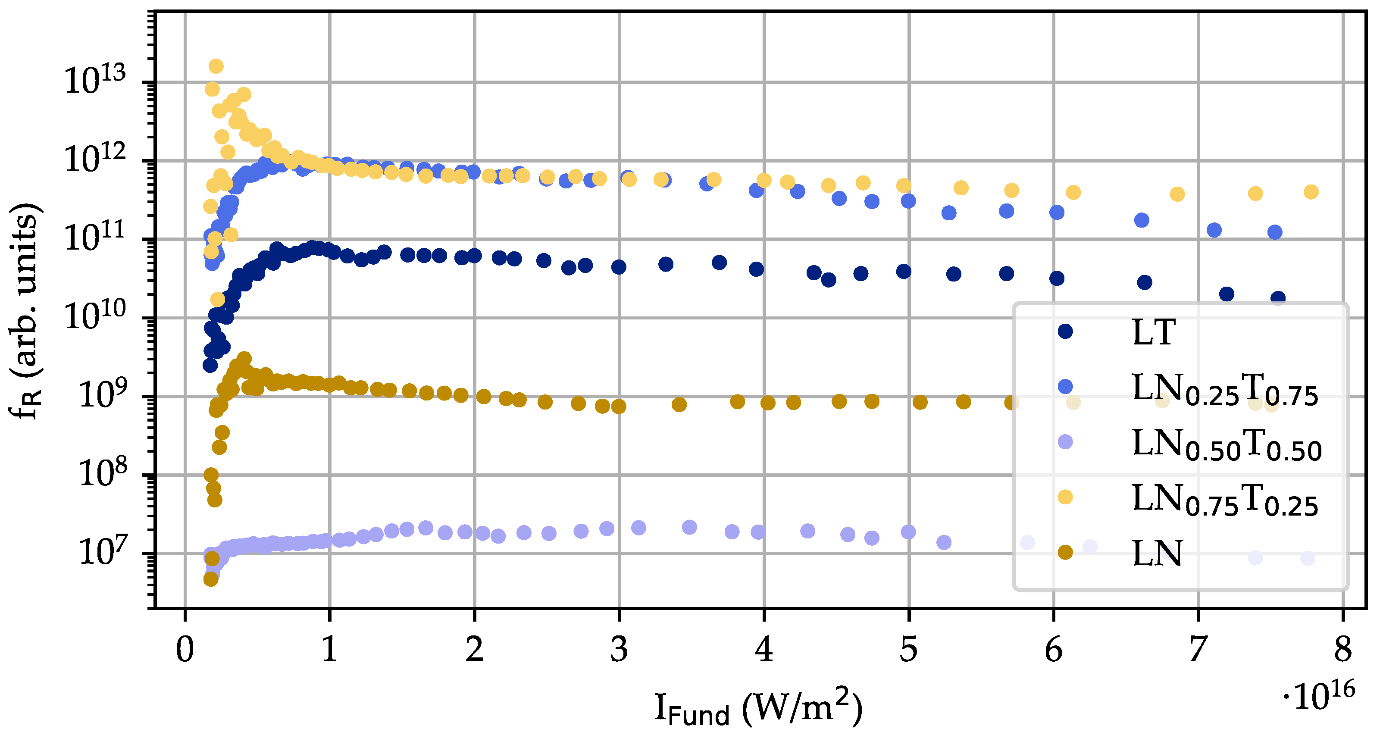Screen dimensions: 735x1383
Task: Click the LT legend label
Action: (x=1154, y=332)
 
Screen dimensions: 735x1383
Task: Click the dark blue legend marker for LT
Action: (x=1065, y=331)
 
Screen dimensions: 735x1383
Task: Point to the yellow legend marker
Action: (x=1065, y=497)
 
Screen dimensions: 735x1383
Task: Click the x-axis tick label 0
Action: (x=185, y=650)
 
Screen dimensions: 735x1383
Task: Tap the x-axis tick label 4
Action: (x=763, y=650)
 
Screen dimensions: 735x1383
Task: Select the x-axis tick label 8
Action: (x=1343, y=650)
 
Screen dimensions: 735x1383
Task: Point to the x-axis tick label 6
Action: (x=1053, y=650)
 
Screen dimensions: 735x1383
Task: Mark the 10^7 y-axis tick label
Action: (x=103, y=552)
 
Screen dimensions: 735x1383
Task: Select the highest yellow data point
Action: (x=216, y=66)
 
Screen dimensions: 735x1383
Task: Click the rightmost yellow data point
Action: (x=1311, y=192)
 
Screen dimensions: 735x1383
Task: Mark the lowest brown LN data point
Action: (x=210, y=579)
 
